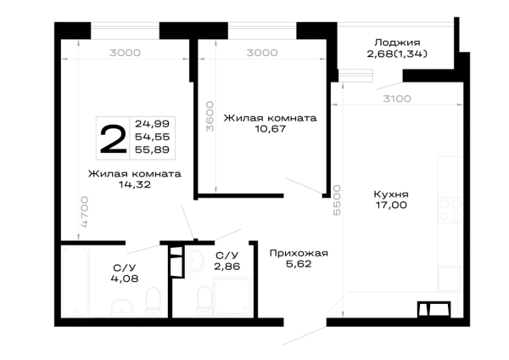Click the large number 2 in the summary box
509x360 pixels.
tap(113, 139)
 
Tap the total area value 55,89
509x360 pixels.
tap(152, 149)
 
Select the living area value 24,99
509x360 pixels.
tap(152, 123)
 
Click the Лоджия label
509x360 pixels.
tap(397, 42)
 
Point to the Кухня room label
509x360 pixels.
tap(391, 194)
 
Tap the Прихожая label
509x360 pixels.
tap(299, 253)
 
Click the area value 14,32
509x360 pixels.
tap(134, 184)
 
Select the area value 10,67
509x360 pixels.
tap(270, 129)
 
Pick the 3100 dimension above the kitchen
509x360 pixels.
tap(397, 98)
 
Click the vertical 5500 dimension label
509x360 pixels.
tap(338, 200)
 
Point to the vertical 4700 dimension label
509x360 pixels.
tap(84, 211)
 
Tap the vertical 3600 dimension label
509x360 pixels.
tap(210, 116)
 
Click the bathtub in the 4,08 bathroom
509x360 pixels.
tap(75, 281)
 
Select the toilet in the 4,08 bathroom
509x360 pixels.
tap(154, 302)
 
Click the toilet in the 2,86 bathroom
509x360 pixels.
tap(204, 301)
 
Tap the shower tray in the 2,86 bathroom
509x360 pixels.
tap(232, 296)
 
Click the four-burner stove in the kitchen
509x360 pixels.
tap(450, 211)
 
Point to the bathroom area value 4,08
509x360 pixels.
tap(125, 278)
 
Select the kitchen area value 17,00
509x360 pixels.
tap(391, 205)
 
